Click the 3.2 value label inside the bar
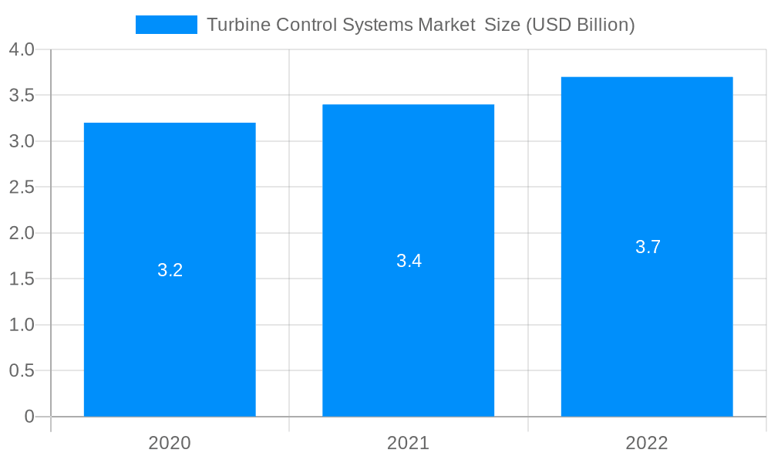(x=170, y=270)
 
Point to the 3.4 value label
(x=409, y=261)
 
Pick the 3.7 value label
(x=648, y=247)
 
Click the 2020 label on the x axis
(x=170, y=443)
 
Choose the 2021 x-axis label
(x=408, y=443)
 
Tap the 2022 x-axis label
(x=647, y=443)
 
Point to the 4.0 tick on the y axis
(x=22, y=50)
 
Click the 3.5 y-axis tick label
(x=22, y=96)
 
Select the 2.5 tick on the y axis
(x=22, y=188)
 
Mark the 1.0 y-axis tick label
(x=22, y=325)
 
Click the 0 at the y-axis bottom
(x=29, y=417)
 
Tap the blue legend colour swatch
(x=167, y=25)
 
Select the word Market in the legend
(x=446, y=25)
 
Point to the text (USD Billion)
(x=580, y=25)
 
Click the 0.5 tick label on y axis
(x=22, y=370)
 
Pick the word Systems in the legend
(x=379, y=25)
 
